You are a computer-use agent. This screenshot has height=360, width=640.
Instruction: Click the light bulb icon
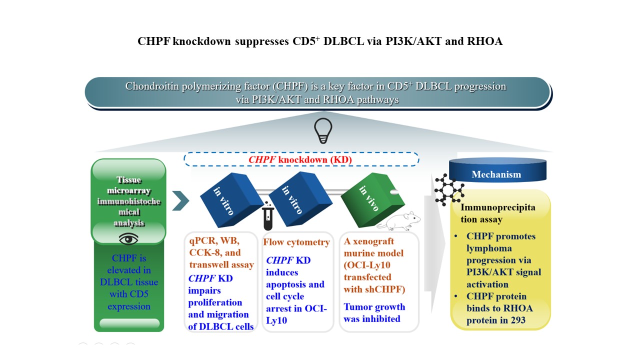[x=323, y=131]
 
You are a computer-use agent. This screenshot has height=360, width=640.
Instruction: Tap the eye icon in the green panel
[x=128, y=239]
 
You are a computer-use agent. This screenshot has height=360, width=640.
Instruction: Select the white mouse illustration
[x=399, y=221]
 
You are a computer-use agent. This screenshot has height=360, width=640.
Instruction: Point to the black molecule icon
[x=449, y=189]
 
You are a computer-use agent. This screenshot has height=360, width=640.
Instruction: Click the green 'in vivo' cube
[x=373, y=199]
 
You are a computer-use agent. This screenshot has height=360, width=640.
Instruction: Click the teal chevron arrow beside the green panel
[x=180, y=200]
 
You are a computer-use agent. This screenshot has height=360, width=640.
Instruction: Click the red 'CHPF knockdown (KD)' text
[x=300, y=159]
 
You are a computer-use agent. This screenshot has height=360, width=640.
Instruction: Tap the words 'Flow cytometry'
[x=296, y=242]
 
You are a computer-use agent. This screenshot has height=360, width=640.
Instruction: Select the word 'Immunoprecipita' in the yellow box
[x=498, y=207]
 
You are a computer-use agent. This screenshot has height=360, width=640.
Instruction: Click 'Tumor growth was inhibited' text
[x=374, y=312]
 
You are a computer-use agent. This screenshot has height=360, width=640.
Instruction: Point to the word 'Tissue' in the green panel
[x=129, y=179]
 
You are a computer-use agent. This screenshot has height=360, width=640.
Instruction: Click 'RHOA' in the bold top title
[x=484, y=41]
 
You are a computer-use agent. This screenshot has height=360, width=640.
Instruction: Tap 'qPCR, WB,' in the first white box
[x=214, y=240]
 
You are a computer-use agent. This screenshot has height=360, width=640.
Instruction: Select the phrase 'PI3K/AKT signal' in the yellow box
[x=503, y=272]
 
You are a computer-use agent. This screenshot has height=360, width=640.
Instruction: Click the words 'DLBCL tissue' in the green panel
[x=129, y=282]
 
